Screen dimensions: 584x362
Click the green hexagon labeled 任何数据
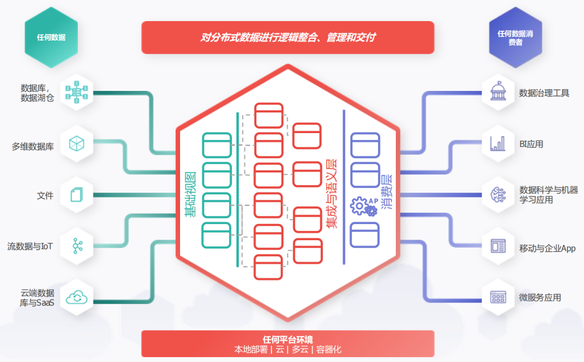point(51,37)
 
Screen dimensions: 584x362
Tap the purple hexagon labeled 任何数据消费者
point(515,37)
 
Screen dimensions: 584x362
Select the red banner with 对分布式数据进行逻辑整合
point(288,37)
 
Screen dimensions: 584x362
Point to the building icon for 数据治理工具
point(497,91)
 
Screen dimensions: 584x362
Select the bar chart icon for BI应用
point(497,143)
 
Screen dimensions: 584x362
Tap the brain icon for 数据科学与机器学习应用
point(497,195)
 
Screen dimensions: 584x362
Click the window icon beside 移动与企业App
point(497,246)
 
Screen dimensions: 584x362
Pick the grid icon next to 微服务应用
point(497,297)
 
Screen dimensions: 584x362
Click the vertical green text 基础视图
point(190,195)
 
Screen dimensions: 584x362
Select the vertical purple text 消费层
point(386,192)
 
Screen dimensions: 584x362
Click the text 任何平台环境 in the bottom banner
point(288,339)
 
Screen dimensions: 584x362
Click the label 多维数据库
point(33,146)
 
